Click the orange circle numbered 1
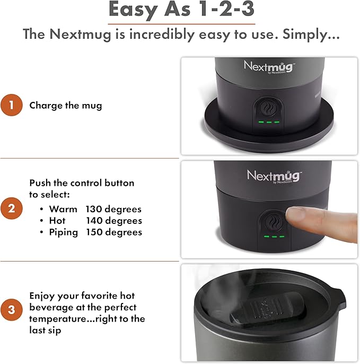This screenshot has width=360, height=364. point(12,105)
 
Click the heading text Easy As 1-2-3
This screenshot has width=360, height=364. point(181,10)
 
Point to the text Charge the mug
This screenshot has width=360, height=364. point(66,105)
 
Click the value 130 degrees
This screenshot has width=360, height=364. point(114,209)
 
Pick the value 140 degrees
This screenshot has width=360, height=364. point(114,221)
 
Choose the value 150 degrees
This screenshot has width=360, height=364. point(114,232)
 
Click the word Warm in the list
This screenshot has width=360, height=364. point(63,209)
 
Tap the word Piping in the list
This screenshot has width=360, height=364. point(64,232)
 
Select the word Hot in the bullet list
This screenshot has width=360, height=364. point(57,221)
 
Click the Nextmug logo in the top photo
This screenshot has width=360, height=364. point(269,67)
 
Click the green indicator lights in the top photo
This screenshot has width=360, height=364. point(269,123)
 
